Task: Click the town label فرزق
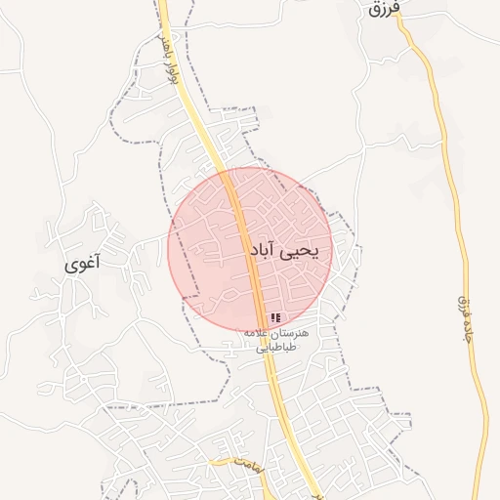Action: tap(386, 11)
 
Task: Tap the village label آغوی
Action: tap(83, 264)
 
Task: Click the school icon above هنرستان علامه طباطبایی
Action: tap(275, 318)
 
